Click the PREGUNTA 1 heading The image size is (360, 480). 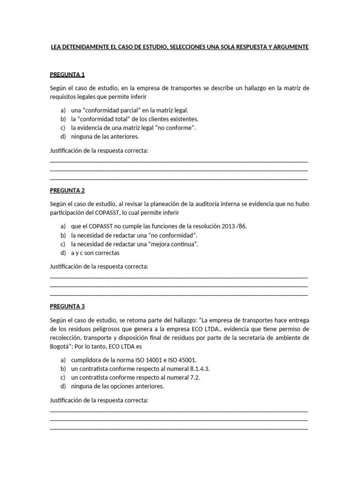pos(67,75)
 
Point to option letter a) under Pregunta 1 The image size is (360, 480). pos(62,110)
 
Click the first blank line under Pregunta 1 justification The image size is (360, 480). pos(179,160)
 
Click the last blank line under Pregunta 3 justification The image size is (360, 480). pos(179,428)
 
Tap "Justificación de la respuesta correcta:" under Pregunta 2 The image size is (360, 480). pos(99,266)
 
